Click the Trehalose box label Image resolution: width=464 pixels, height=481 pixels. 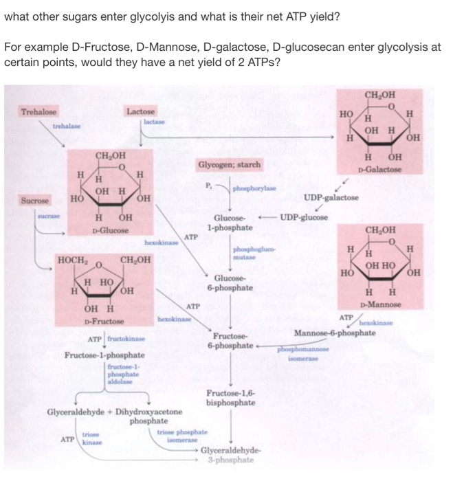[38, 112]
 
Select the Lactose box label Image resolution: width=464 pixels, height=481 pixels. [141, 111]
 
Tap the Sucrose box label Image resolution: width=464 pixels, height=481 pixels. [34, 201]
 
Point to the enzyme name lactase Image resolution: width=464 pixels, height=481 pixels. [155, 120]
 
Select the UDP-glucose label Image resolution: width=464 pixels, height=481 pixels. [303, 218]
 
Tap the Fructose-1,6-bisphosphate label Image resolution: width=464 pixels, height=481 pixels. [230, 398]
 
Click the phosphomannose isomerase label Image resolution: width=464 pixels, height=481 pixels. [300, 353]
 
